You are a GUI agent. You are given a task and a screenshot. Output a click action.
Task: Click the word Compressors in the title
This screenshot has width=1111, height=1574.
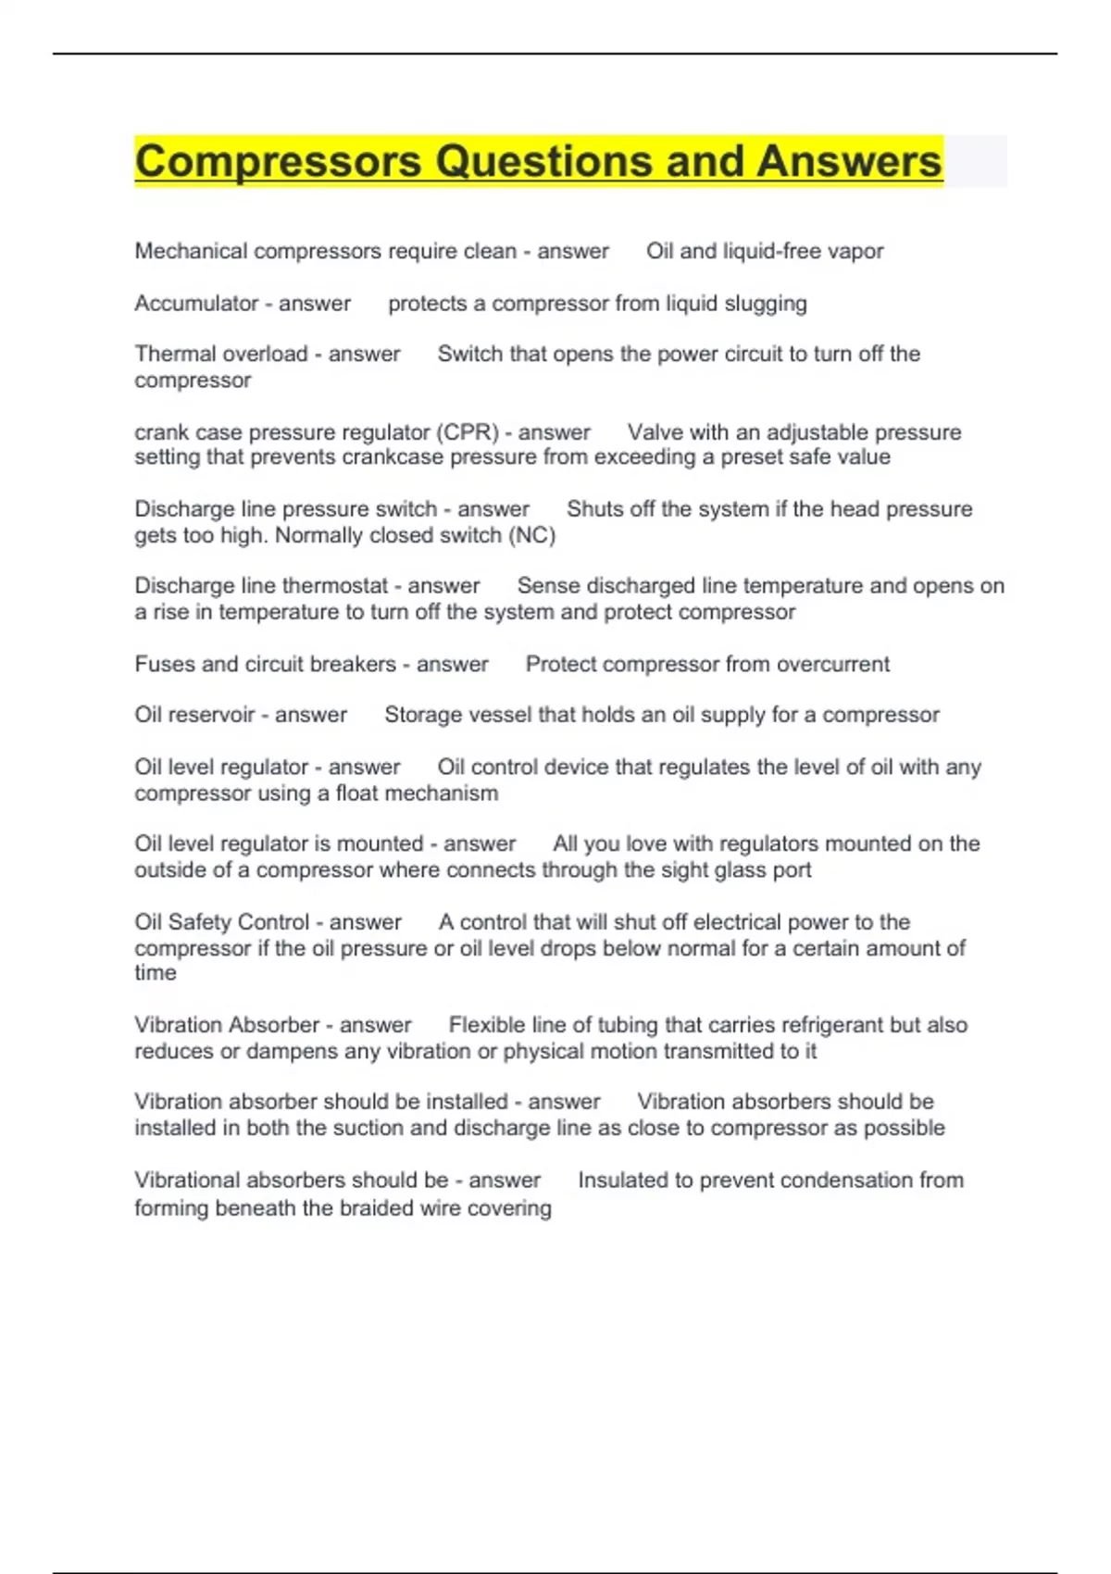tap(278, 162)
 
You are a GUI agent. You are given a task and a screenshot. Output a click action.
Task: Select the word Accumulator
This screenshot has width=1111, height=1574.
tap(196, 304)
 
